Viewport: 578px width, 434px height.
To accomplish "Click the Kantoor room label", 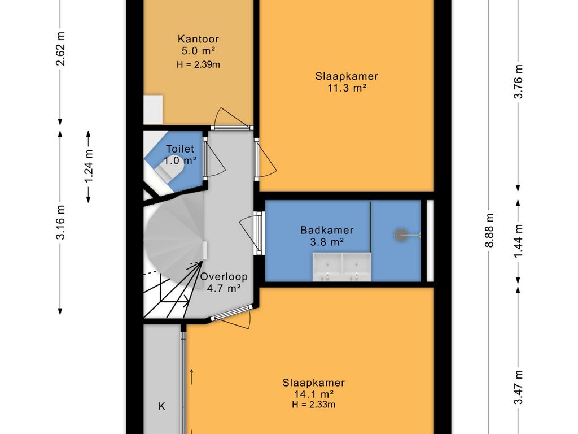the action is [198, 39].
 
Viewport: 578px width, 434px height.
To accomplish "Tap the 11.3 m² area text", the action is [347, 88].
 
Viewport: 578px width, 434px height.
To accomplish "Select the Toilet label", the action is [180, 149].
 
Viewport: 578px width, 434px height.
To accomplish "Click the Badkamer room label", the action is [327, 230].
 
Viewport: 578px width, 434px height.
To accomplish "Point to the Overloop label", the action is [224, 276].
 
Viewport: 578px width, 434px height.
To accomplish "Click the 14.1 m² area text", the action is [314, 394].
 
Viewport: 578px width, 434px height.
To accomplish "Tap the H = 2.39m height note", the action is [198, 64].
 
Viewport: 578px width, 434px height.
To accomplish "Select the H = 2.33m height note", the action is [314, 405].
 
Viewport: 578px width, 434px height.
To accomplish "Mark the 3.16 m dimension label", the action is [60, 222].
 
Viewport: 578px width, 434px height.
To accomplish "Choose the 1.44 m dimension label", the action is [518, 241].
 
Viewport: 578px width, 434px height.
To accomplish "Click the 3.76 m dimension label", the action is [518, 81].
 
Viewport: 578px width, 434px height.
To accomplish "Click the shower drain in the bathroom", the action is [401, 235].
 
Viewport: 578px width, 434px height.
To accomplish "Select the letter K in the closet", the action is [161, 406].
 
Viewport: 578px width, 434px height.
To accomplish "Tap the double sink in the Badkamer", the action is [341, 267].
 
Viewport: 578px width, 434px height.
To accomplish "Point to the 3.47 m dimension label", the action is [518, 387].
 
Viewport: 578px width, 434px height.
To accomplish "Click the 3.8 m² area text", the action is [327, 242].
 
